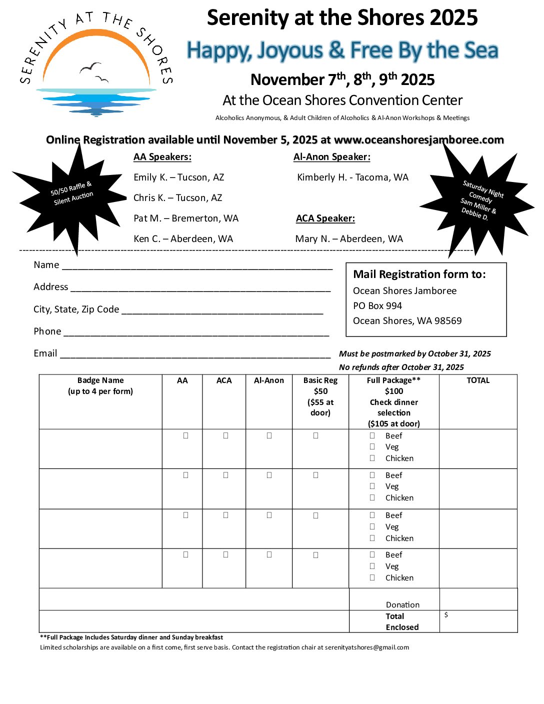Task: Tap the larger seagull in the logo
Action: click(x=90, y=67)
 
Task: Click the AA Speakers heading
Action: click(x=162, y=157)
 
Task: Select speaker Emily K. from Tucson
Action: click(x=178, y=177)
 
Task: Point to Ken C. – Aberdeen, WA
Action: click(x=183, y=239)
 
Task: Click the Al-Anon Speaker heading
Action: click(x=332, y=157)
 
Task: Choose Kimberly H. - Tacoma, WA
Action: click(x=352, y=177)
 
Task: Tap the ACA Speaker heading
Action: click(x=325, y=218)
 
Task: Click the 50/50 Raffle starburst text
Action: click(x=72, y=193)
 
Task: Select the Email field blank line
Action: click(x=195, y=355)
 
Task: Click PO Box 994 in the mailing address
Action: click(x=377, y=306)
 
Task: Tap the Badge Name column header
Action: click(x=100, y=385)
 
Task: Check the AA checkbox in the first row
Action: click(x=185, y=435)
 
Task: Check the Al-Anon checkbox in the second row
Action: click(x=269, y=475)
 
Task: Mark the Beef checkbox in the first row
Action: click(x=372, y=435)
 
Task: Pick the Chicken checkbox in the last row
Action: click(x=372, y=577)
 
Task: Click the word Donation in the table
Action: click(x=402, y=605)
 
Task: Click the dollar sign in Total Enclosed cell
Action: click(x=446, y=615)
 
